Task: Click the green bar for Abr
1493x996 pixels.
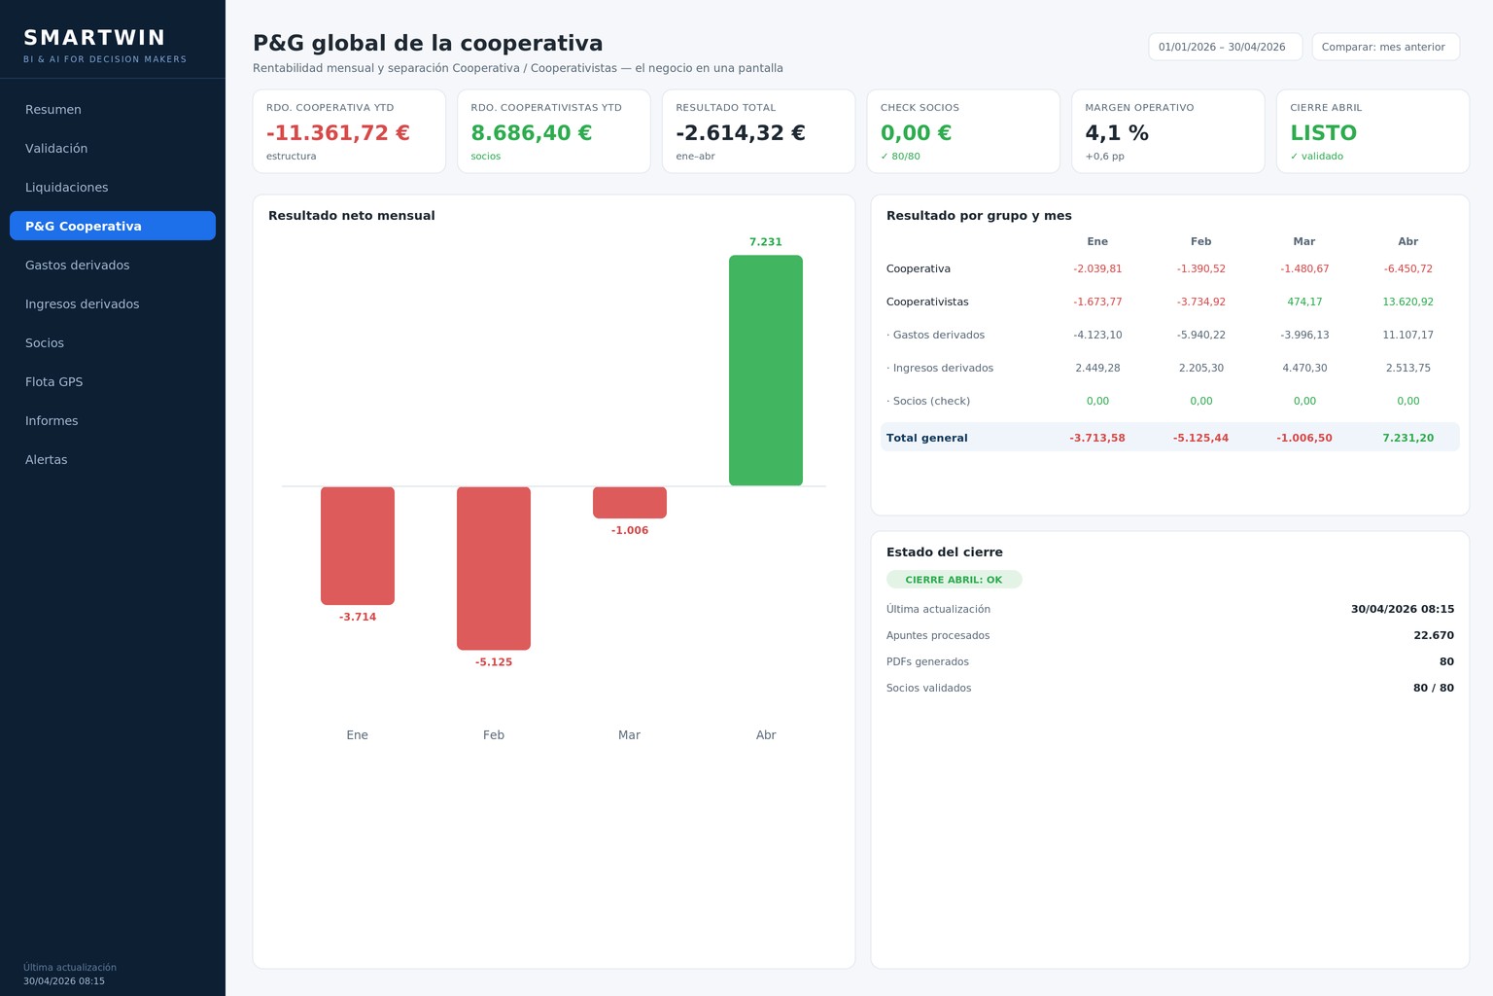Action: (765, 371)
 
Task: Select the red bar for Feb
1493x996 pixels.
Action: (493, 568)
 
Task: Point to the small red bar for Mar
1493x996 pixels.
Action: (629, 502)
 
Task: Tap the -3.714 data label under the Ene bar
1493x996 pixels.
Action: (358, 617)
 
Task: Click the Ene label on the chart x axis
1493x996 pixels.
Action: (358, 734)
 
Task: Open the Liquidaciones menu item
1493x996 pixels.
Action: (67, 188)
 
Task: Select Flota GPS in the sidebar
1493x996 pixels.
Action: (54, 381)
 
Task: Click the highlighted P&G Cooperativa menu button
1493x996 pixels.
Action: (113, 226)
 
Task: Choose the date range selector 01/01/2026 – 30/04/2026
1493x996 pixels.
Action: (1225, 47)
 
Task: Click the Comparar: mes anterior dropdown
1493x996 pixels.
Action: (1386, 47)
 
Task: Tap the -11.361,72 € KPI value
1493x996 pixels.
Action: (338, 132)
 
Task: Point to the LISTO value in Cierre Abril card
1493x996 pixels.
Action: (1323, 132)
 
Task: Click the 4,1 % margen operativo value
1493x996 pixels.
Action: (1117, 132)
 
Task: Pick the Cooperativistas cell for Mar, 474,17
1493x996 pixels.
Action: (1304, 302)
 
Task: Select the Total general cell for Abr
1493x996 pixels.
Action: (1407, 438)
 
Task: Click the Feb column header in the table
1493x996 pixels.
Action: (1201, 241)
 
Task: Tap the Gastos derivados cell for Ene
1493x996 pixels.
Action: (1097, 335)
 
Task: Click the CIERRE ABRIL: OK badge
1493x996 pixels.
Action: (954, 579)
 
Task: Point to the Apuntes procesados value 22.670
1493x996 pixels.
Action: (1434, 635)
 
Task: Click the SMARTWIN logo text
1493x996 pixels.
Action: (94, 37)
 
